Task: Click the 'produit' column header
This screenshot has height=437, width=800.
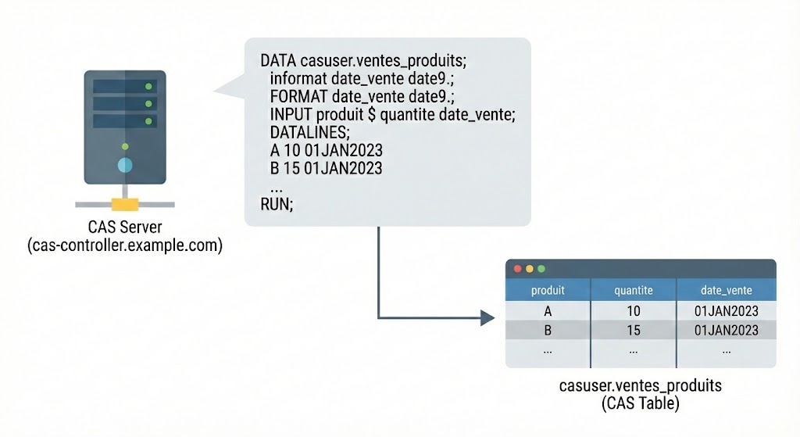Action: click(x=548, y=290)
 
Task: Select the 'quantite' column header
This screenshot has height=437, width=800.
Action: click(x=634, y=290)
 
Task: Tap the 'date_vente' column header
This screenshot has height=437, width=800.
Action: click(x=727, y=290)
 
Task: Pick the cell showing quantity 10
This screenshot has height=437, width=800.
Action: click(x=634, y=311)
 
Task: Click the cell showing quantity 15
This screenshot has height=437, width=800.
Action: click(x=634, y=331)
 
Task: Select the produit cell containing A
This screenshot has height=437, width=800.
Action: click(x=548, y=311)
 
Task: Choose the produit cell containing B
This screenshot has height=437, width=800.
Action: click(x=548, y=331)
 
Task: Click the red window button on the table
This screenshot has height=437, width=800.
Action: click(x=516, y=268)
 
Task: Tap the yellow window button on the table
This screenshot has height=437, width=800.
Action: click(x=528, y=268)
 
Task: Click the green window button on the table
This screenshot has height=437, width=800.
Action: click(x=540, y=268)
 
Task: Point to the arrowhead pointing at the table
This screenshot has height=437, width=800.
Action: click(x=487, y=317)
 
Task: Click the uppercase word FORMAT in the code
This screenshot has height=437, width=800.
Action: click(x=299, y=96)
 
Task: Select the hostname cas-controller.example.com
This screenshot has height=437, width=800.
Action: click(x=125, y=245)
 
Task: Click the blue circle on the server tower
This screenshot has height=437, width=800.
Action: click(x=124, y=165)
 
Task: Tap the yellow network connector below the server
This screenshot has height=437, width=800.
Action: click(x=124, y=204)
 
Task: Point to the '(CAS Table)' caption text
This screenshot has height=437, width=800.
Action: click(x=640, y=403)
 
